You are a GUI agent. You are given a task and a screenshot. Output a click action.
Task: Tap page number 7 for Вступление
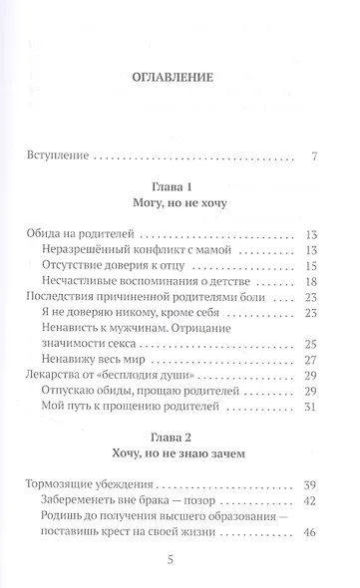314,156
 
